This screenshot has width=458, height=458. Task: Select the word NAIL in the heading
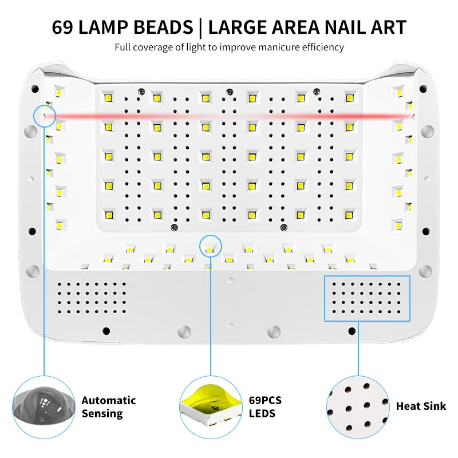click(x=338, y=27)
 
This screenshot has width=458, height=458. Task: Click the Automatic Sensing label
click(x=108, y=406)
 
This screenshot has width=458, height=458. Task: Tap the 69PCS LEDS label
click(x=265, y=406)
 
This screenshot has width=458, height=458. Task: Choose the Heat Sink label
click(x=421, y=406)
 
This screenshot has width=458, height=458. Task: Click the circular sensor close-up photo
click(x=44, y=406)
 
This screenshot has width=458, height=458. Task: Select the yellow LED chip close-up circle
click(x=211, y=406)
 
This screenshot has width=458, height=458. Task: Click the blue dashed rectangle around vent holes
click(x=368, y=298)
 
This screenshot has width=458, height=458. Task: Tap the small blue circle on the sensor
click(x=44, y=116)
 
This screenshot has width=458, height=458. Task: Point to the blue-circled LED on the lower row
click(x=210, y=247)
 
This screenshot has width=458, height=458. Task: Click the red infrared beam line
click(x=229, y=116)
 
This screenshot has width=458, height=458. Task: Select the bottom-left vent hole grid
click(x=92, y=298)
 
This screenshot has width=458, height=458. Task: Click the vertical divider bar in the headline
click(x=200, y=27)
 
